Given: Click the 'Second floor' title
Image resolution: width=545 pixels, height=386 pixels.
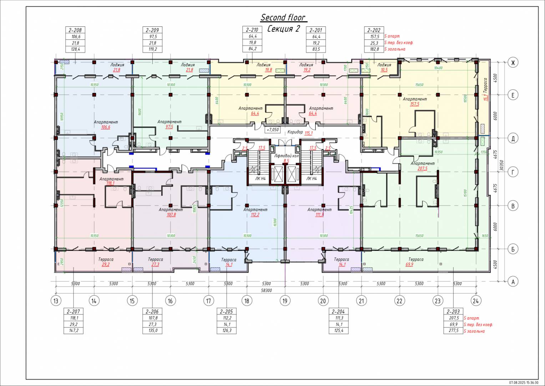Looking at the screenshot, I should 283,18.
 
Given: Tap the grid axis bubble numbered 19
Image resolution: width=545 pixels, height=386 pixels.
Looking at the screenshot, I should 285,301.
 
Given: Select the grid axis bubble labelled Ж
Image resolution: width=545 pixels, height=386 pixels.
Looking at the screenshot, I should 513,63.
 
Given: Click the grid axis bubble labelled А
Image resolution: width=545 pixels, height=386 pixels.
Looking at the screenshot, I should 513,282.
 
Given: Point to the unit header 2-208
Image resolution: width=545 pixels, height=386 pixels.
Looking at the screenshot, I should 75,30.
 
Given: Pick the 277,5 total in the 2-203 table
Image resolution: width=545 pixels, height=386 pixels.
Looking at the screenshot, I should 453,331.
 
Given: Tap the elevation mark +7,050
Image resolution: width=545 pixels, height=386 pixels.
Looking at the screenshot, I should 272,130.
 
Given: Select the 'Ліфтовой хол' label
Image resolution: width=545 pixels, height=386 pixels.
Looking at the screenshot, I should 286,156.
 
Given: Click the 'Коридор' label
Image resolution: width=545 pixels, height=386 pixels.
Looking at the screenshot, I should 295,132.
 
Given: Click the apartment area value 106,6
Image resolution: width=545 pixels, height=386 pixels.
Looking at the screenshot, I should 106,127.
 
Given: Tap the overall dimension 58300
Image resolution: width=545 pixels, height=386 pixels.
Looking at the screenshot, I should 266,291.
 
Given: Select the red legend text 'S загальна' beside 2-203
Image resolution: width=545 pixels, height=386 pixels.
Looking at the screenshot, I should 474,331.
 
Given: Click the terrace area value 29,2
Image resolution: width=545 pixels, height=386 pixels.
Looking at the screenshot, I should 106,264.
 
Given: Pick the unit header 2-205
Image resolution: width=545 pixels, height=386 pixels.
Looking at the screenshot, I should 226,311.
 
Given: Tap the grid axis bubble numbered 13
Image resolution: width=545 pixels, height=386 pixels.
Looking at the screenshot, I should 56,301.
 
